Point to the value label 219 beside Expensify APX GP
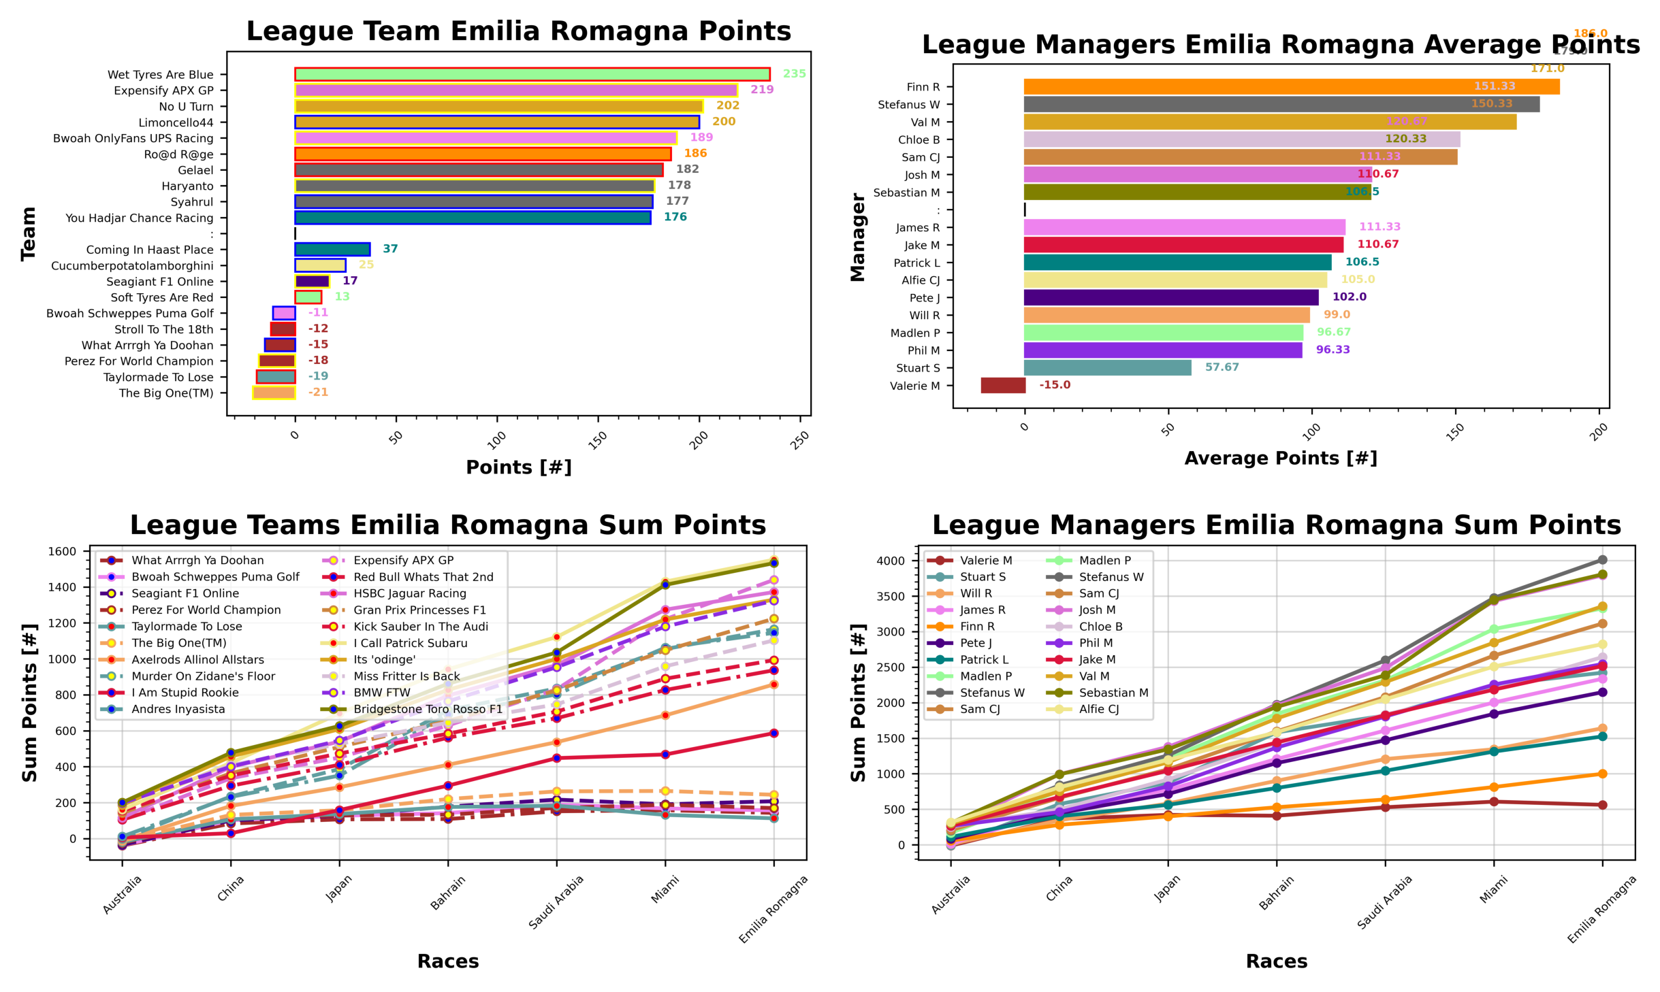click(x=761, y=90)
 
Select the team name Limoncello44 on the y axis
click(x=176, y=122)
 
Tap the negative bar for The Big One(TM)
click(x=274, y=393)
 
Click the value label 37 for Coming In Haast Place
click(x=389, y=249)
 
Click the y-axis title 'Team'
click(x=28, y=233)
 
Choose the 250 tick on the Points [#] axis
click(x=800, y=438)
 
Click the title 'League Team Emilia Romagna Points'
click(x=518, y=31)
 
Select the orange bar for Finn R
click(x=1290, y=87)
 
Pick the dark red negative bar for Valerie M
click(x=1002, y=385)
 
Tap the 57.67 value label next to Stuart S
click(x=1222, y=367)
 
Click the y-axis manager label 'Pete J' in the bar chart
click(x=924, y=298)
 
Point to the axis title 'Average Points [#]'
click(x=1280, y=459)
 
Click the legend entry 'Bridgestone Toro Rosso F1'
click(x=428, y=709)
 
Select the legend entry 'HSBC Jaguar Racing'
click(x=409, y=593)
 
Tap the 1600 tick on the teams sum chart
click(x=62, y=552)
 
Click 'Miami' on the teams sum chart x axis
click(x=665, y=890)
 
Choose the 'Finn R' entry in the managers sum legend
click(x=977, y=627)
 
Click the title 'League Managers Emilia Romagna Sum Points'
click(x=1276, y=525)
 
